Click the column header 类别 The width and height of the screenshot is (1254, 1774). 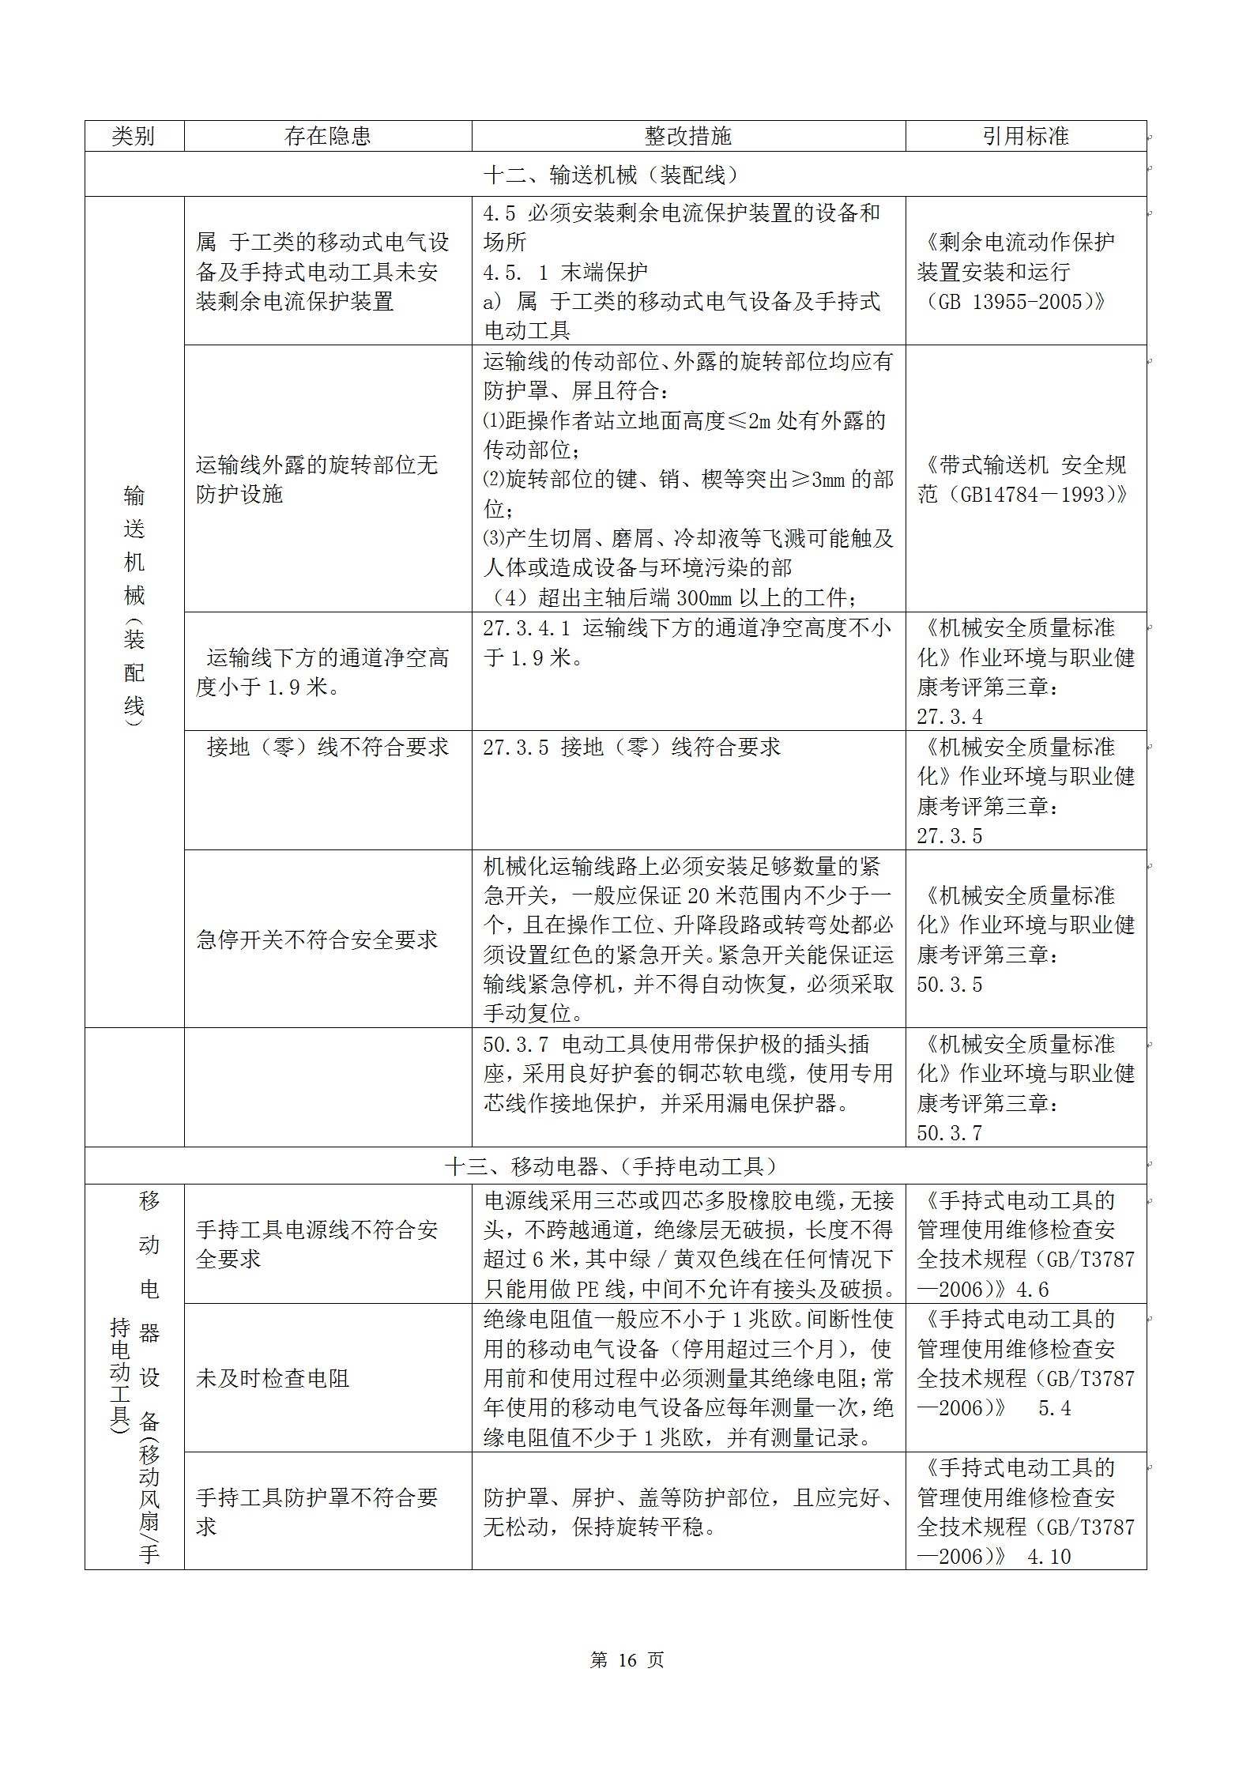pyautogui.click(x=133, y=136)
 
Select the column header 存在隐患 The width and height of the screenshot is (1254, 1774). pyautogui.click(x=327, y=136)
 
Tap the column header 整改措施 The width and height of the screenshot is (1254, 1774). pyautogui.click(x=687, y=136)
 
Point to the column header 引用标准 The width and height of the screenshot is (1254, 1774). pyautogui.click(x=1025, y=136)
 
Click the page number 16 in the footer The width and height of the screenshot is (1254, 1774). pyautogui.click(x=627, y=1659)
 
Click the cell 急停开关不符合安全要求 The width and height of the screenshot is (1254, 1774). pyautogui.click(x=317, y=940)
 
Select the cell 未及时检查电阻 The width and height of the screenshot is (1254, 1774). pyautogui.click(x=273, y=1378)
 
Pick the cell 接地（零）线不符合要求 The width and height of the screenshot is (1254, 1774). pyautogui.click(x=327, y=747)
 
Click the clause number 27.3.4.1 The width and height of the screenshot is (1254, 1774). pyautogui.click(x=526, y=628)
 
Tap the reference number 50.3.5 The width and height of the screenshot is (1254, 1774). pyautogui.click(x=949, y=985)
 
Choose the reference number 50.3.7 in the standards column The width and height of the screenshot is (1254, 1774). pyautogui.click(x=949, y=1133)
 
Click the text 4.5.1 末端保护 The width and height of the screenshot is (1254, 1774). pyautogui.click(x=565, y=273)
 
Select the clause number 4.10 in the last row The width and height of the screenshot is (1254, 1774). pyautogui.click(x=1049, y=1557)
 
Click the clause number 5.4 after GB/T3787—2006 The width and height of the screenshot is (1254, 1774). pyautogui.click(x=1054, y=1408)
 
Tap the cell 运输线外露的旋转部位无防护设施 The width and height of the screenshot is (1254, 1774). pyautogui.click(x=317, y=479)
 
